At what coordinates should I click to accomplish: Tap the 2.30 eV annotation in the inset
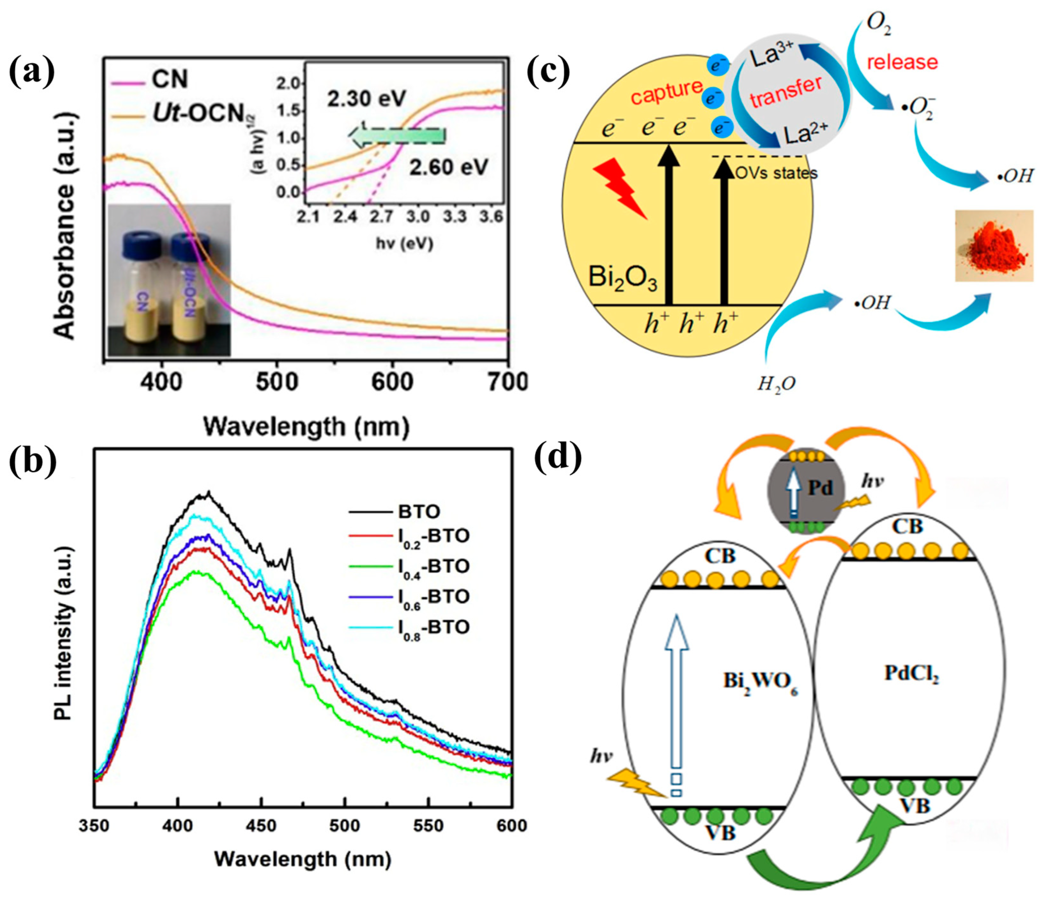point(366,98)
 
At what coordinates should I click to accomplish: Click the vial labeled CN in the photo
point(142,288)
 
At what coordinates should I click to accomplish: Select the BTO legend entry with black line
point(419,512)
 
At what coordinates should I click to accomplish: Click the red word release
point(902,62)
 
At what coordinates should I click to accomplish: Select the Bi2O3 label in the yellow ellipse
point(622,278)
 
